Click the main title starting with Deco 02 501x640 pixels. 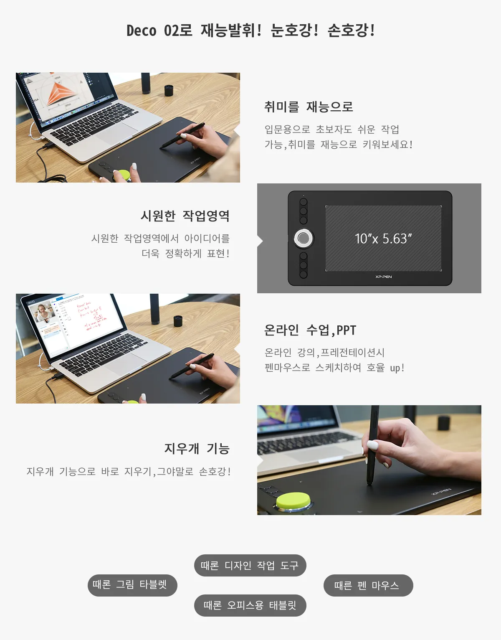coord(250,30)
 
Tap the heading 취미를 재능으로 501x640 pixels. coord(309,107)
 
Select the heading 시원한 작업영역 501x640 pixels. coord(185,216)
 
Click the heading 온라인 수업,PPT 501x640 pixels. coord(310,330)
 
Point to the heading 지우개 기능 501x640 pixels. coord(197,448)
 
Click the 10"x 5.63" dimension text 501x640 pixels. coord(383,239)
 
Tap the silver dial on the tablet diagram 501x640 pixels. coord(304,238)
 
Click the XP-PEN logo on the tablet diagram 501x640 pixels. coord(383,277)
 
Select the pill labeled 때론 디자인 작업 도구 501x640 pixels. coord(250,565)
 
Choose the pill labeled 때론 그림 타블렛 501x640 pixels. coord(132,585)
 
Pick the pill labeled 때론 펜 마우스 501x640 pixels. coord(368,585)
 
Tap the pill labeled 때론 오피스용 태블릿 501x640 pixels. coord(250,605)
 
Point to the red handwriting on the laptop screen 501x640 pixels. coord(90,315)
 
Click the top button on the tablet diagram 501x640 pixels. coord(304,202)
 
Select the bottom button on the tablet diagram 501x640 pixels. coord(304,274)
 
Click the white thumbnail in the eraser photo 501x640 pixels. coord(372,445)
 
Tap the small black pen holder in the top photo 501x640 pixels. coord(169,90)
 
